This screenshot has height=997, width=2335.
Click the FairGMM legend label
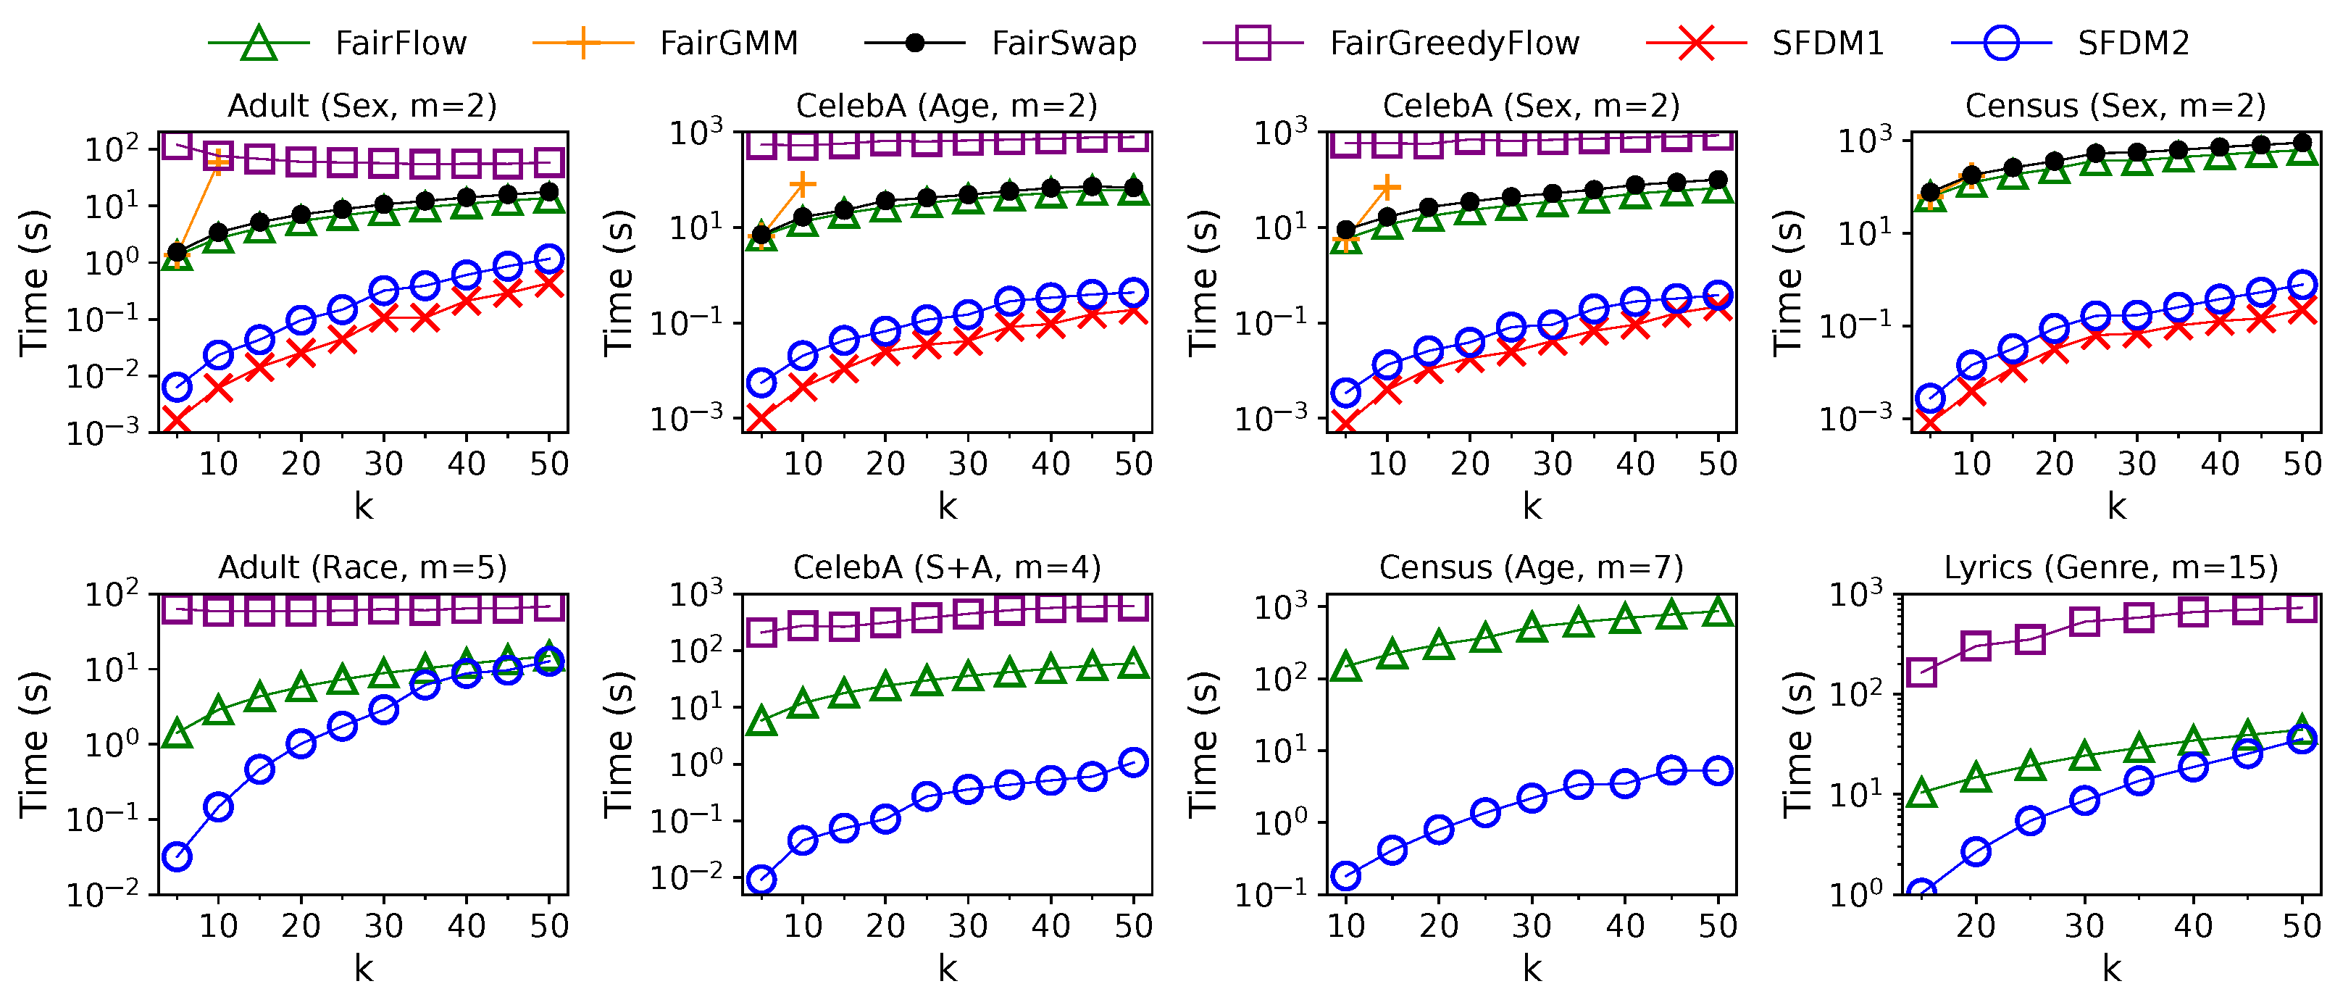tap(729, 43)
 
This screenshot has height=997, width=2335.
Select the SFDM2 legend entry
tap(2133, 43)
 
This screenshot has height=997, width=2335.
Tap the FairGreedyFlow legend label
tap(1454, 43)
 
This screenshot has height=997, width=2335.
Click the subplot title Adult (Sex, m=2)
tap(362, 106)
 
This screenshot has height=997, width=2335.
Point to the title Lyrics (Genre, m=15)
tap(2111, 567)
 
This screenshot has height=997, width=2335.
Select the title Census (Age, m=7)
tap(1531, 567)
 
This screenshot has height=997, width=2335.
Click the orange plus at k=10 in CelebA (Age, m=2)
tap(802, 184)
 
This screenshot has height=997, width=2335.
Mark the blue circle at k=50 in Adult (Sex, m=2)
tap(549, 259)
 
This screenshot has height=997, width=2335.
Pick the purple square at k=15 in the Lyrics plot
tap(1921, 672)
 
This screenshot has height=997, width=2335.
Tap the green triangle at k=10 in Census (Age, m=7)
tap(1346, 668)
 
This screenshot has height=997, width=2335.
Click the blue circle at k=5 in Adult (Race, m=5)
tap(177, 856)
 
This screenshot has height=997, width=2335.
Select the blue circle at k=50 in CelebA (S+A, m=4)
tap(1134, 762)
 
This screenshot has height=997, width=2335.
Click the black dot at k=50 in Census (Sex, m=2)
tap(2302, 142)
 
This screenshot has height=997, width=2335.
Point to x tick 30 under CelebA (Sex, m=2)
tap(1553, 464)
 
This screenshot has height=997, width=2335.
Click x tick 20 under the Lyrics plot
tap(1976, 925)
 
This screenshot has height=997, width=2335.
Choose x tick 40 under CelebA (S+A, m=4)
tap(1050, 925)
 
